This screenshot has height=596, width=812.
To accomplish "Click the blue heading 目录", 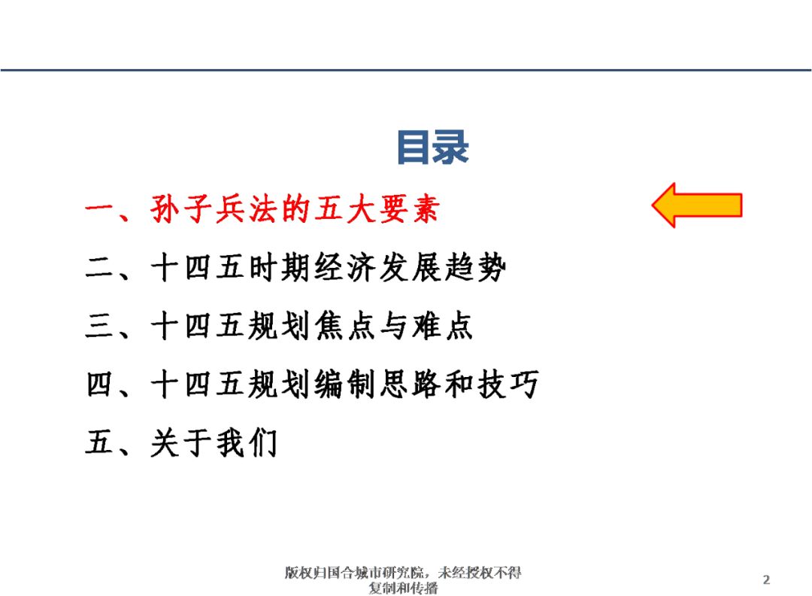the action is tap(433, 147).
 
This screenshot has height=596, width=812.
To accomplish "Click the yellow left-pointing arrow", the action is tap(696, 205).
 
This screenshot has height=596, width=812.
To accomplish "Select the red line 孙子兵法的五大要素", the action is tap(295, 210).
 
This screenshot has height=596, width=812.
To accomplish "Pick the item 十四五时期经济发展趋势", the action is tap(329, 268).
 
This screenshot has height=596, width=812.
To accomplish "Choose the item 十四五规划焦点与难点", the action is tap(312, 327).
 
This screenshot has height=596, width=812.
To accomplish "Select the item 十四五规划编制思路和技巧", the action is tap(344, 385).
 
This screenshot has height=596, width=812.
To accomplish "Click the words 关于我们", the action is tap(214, 443).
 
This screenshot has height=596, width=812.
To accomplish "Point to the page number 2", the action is tap(766, 579).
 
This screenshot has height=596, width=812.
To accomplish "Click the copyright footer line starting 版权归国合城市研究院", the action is tap(403, 573).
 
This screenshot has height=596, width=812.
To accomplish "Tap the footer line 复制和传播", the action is tap(403, 588).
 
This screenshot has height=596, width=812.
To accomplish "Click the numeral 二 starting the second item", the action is tap(99, 269).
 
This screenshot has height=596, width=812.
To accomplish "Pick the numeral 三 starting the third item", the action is tap(99, 327).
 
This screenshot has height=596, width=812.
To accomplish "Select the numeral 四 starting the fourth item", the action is tap(99, 385).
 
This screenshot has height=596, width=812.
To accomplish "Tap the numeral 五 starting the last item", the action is tap(99, 443).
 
